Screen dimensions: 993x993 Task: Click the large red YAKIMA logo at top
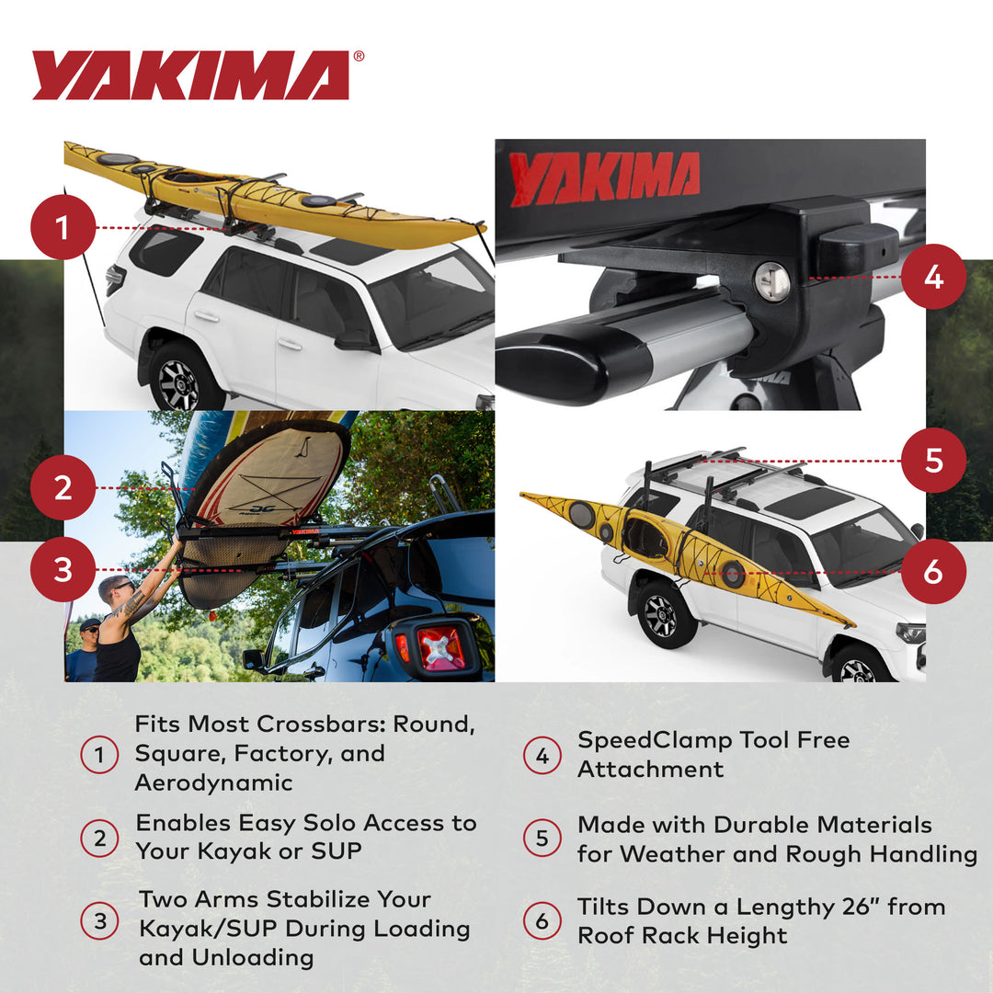191,75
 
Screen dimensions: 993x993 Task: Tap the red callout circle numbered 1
63,227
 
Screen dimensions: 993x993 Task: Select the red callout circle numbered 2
63,487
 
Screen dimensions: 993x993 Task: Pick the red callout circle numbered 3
63,570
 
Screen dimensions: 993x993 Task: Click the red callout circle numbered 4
933,276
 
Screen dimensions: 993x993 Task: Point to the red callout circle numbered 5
933,460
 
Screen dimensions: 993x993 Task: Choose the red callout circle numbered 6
933,571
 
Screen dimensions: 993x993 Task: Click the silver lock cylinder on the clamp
771,281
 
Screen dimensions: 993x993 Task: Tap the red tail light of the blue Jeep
439,646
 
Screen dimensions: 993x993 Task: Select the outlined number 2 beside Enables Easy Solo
99,838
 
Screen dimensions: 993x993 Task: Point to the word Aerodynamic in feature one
213,782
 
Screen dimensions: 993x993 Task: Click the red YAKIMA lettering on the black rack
604,177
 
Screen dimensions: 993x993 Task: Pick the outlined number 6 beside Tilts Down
542,920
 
